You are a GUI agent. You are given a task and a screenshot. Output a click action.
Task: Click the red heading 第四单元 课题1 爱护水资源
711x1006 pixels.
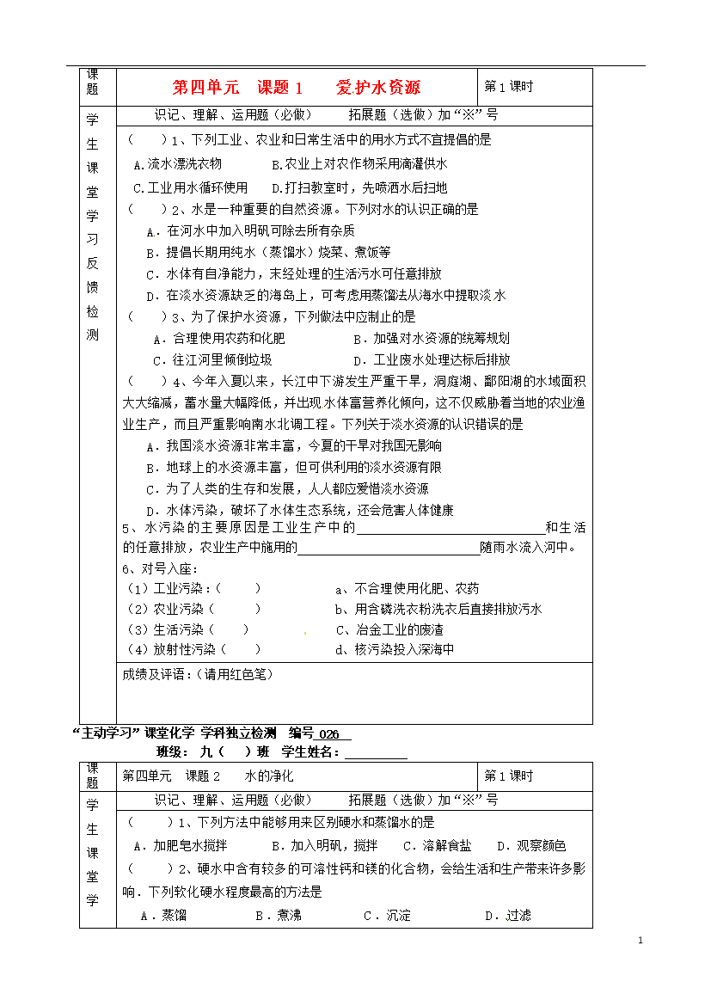tap(297, 87)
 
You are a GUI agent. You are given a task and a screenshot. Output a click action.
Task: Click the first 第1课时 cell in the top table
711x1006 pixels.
tap(509, 86)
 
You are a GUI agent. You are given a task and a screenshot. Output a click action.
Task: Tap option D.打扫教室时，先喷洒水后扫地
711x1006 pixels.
tap(359, 187)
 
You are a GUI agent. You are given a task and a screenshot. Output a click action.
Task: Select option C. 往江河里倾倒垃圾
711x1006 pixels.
tap(212, 360)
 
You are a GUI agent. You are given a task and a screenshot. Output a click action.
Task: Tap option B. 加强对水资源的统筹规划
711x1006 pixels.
tap(430, 339)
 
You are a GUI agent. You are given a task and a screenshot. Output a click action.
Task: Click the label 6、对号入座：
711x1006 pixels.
tap(161, 569)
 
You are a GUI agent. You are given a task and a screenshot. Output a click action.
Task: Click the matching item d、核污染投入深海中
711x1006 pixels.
tap(394, 650)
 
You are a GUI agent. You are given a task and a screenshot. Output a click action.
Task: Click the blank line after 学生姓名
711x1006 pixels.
tap(375, 753)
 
